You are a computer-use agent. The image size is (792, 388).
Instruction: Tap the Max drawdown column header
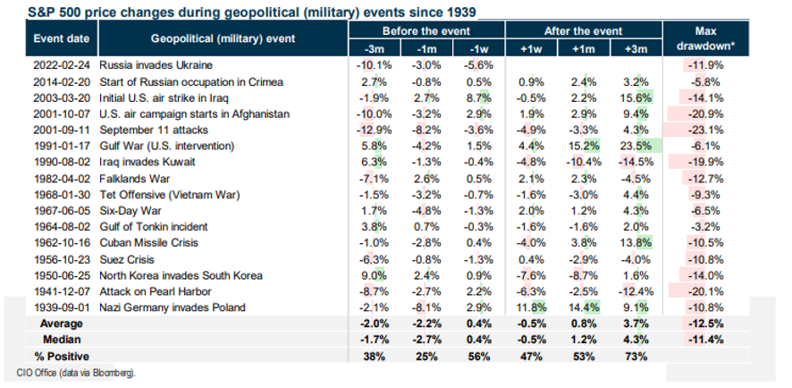pos(703,37)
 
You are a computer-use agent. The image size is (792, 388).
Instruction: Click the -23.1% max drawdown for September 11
pos(704,130)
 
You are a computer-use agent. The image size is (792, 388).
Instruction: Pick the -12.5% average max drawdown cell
pos(704,323)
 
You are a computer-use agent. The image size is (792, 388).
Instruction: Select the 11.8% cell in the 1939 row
pos(527,307)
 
